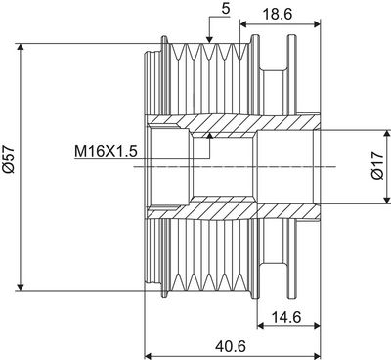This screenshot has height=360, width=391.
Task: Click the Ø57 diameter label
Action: (9, 159)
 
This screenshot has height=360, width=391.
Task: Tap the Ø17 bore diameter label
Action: (378, 165)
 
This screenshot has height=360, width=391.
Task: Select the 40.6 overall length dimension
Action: (231, 346)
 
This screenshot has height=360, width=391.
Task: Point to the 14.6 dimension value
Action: (286, 317)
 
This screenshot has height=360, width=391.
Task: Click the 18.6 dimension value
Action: (278, 15)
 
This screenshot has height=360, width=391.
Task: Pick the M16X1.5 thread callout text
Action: (106, 152)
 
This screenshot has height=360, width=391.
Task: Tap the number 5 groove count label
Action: (226, 9)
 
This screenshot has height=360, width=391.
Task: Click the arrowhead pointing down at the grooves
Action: (209, 38)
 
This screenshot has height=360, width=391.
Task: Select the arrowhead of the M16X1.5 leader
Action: (210, 136)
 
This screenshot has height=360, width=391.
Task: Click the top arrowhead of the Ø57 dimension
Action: (21, 48)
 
